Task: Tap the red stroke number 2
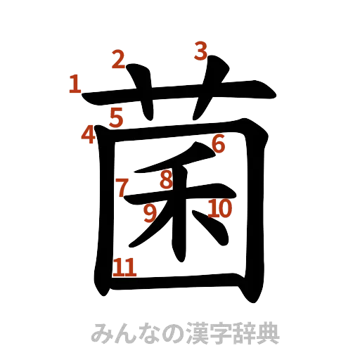[x=118, y=60]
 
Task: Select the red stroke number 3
[x=201, y=51]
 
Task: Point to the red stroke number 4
[x=87, y=134]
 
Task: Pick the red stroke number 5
[x=115, y=116]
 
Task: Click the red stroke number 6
[x=217, y=143]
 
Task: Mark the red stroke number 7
[x=122, y=187]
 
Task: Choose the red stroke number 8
[x=166, y=180]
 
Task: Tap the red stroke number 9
[x=149, y=212]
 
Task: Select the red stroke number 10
[x=219, y=207]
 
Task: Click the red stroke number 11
[x=124, y=266]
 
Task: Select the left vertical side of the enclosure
[x=104, y=211]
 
